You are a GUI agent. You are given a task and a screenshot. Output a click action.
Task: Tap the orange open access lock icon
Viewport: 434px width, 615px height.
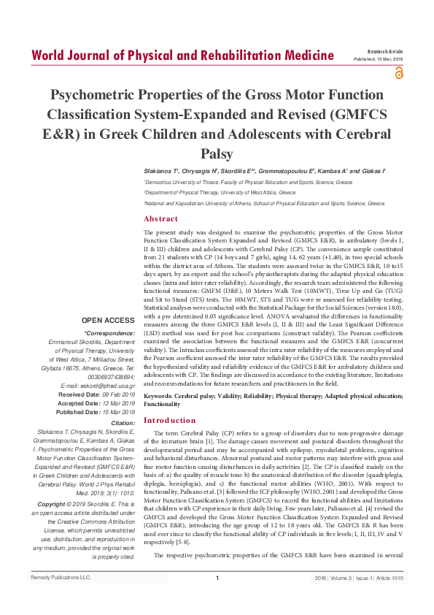[x=398, y=72]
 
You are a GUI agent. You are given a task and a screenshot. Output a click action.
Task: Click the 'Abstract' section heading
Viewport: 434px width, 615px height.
[x=160, y=218]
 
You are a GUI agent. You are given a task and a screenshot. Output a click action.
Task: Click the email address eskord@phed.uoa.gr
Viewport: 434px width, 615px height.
[x=101, y=386]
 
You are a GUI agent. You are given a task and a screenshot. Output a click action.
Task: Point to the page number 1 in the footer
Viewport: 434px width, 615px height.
[x=217, y=599]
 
